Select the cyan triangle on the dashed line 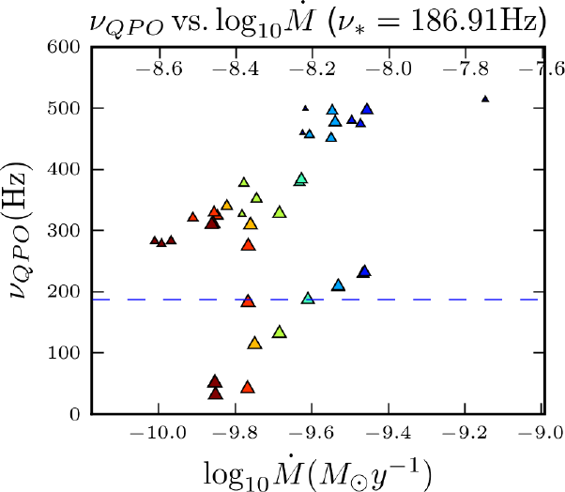[x=308, y=299]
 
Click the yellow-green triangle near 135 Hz [x=279, y=331]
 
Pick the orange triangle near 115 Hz [x=253, y=344]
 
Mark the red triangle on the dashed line [x=248, y=301]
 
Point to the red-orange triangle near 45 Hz [x=248, y=387]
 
